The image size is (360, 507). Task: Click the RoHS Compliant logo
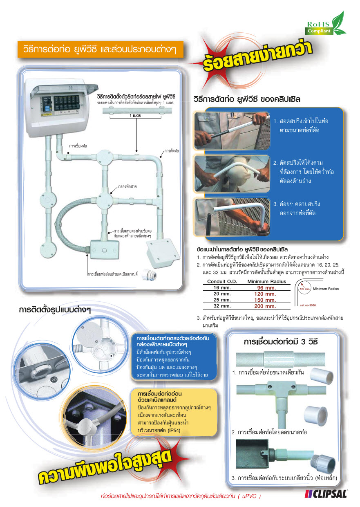(x=325, y=25)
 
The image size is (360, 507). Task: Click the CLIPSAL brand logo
(x=326, y=494)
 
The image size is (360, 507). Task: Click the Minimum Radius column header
(x=267, y=282)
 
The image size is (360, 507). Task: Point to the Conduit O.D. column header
(x=222, y=282)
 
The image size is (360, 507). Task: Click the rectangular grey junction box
(x=105, y=249)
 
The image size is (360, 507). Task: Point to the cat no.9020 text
(x=308, y=305)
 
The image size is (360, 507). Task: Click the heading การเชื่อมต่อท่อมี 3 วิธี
(x=280, y=341)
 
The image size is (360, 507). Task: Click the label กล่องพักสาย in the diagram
(x=127, y=186)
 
